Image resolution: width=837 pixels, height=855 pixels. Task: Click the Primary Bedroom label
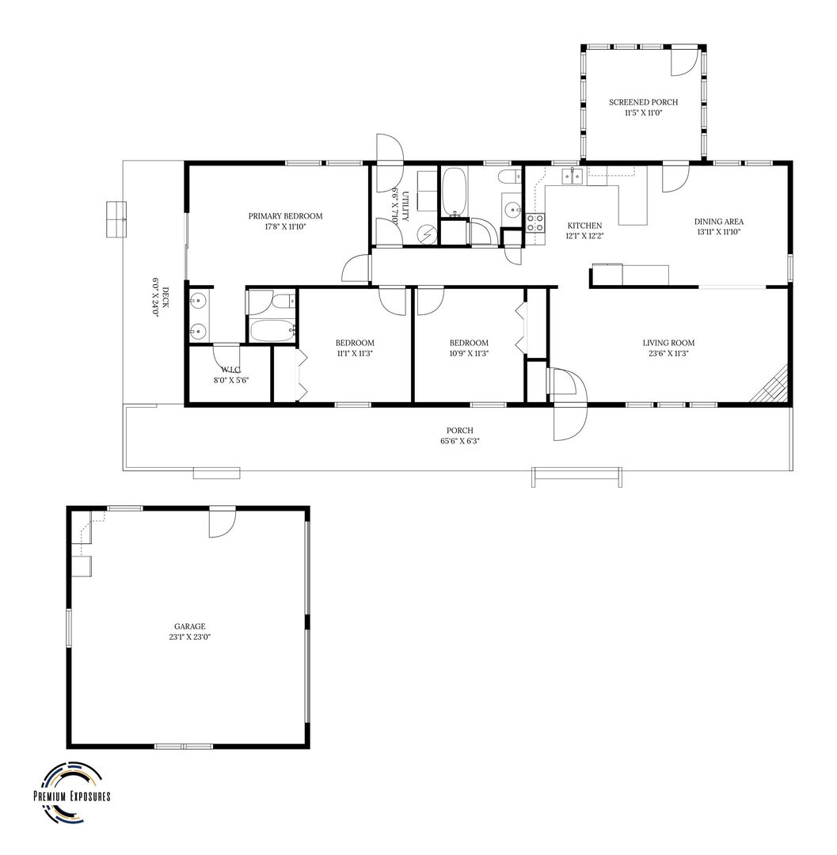285,216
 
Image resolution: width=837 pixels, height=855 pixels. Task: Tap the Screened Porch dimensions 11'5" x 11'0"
644,113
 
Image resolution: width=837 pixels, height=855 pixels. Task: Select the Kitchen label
584,226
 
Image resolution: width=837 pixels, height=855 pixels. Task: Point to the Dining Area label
719,222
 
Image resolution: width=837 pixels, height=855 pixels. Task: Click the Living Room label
668,343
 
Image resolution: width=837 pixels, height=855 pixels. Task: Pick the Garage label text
190,626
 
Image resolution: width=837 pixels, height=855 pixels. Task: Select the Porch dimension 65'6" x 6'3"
459,441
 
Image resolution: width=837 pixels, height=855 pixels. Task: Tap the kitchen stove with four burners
535,222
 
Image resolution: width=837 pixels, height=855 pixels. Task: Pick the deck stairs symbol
116,219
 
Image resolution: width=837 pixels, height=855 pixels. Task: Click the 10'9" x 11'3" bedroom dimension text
469,353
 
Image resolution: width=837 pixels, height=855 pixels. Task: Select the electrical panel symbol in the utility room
426,234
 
